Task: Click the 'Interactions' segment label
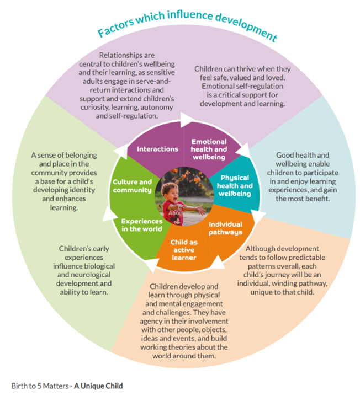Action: pyautogui.click(x=157, y=149)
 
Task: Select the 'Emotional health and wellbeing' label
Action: pyautogui.click(x=208, y=149)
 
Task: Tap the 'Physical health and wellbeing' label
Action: pyautogui.click(x=235, y=185)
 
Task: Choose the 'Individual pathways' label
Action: pyautogui.click(x=225, y=228)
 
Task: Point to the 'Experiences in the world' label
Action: pyautogui.click(x=142, y=225)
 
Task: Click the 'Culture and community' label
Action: pyautogui.click(x=132, y=186)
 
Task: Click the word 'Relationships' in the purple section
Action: pyautogui.click(x=122, y=55)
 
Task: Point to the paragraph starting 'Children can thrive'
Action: pyautogui.click(x=242, y=86)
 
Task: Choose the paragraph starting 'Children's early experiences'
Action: pyautogui.click(x=84, y=270)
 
